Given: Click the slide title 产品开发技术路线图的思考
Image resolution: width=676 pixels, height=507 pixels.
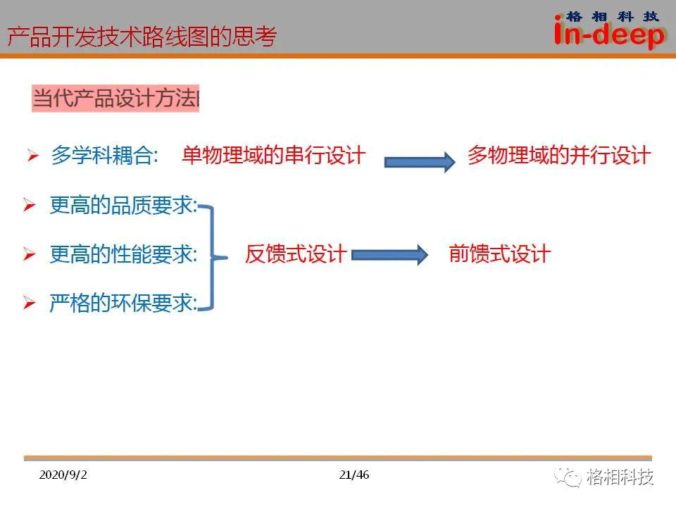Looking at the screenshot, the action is pyautogui.click(x=142, y=37).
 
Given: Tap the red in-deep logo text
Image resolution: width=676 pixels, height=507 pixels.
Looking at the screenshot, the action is pyautogui.click(x=609, y=34).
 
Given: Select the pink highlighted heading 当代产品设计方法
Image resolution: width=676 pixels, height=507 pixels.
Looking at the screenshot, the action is pyautogui.click(x=115, y=99).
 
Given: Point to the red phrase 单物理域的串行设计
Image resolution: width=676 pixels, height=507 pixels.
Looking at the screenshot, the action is pyautogui.click(x=274, y=155).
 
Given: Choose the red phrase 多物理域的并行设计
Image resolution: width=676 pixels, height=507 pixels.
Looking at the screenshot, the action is pyautogui.click(x=559, y=155).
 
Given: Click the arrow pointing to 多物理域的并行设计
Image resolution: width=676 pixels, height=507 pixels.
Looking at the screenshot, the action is pyautogui.click(x=420, y=162).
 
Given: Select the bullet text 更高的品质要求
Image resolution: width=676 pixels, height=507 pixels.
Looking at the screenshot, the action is pyautogui.click(x=123, y=205).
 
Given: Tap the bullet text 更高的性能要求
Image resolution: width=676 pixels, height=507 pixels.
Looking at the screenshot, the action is pyautogui.click(x=123, y=254).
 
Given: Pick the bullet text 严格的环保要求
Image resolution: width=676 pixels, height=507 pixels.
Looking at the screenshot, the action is pyautogui.click(x=123, y=303).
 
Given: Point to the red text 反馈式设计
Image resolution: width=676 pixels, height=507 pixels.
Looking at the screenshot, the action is pyautogui.click(x=296, y=254).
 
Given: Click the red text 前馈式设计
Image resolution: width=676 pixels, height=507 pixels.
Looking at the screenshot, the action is pyautogui.click(x=500, y=254).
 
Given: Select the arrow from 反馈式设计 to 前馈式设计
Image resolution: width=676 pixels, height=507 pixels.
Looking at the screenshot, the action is pyautogui.click(x=389, y=255).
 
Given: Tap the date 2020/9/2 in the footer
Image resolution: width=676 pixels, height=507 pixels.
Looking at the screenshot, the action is pyautogui.click(x=63, y=475).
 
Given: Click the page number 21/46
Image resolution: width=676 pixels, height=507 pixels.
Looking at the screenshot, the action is pyautogui.click(x=354, y=475).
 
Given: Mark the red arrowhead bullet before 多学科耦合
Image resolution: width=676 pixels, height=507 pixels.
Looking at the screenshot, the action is pyautogui.click(x=33, y=155).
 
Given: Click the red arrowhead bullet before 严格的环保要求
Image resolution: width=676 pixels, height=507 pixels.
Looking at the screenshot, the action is pyautogui.click(x=30, y=303).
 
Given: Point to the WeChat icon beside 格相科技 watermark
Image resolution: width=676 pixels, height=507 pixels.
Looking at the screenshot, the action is pyautogui.click(x=568, y=477).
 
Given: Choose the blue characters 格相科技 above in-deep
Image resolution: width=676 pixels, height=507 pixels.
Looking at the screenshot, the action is pyautogui.click(x=612, y=17).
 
